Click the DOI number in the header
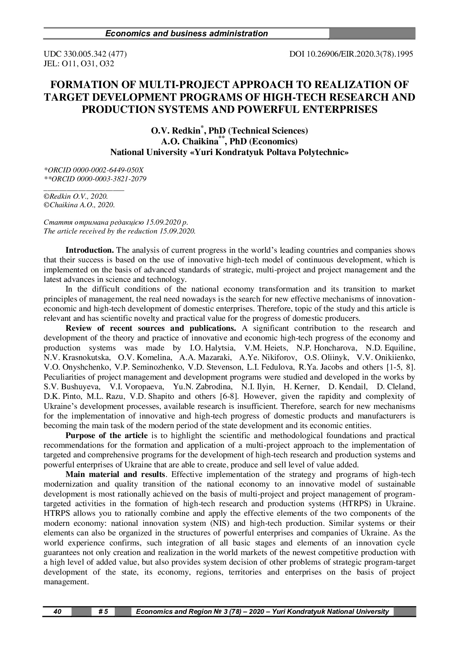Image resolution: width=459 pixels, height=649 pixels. point(351,54)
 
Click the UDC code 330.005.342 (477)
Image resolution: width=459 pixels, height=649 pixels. point(86,54)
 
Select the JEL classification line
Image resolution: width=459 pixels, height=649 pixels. point(79,64)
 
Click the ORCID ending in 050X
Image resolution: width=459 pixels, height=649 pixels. point(94,170)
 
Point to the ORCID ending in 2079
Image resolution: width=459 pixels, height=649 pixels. point(95,179)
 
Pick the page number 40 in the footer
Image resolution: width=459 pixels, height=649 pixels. point(57,612)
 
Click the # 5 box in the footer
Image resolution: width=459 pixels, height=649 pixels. point(103,612)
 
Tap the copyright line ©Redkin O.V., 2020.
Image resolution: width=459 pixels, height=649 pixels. point(76,196)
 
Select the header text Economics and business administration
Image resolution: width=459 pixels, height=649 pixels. point(187,34)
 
